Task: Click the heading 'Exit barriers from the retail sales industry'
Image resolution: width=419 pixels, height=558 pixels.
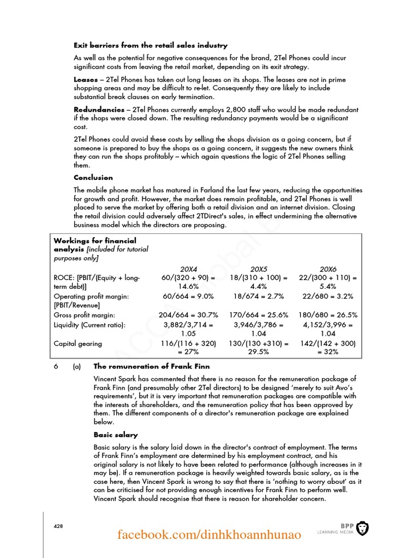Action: [x=151, y=45]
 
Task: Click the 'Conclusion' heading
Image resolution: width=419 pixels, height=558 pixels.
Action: [x=93, y=177]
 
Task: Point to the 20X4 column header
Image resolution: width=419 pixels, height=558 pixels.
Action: [x=189, y=269]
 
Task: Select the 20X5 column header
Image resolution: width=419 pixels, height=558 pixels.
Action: [x=259, y=269]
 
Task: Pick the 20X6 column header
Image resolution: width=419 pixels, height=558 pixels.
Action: [x=328, y=269]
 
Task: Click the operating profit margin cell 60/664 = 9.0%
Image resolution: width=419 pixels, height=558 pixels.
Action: [x=188, y=296]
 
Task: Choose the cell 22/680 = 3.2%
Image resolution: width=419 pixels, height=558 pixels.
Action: [x=328, y=296]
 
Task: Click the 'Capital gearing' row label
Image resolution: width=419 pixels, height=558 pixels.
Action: [x=77, y=344]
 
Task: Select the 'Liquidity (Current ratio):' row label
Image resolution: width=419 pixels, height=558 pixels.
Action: [x=89, y=325]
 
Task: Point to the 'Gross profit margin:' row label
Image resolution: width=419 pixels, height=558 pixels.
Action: [x=84, y=315]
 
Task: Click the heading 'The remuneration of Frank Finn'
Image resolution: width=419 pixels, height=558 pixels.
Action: [x=152, y=366]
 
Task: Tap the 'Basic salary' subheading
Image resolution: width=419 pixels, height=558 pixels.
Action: [x=116, y=435]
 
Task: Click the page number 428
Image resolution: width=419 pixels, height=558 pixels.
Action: [x=58, y=526]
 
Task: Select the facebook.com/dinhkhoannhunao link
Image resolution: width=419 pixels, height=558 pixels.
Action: [x=209, y=535]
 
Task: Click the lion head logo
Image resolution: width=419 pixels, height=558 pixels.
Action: [x=362, y=528]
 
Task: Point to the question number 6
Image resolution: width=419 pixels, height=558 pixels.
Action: [x=56, y=366]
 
